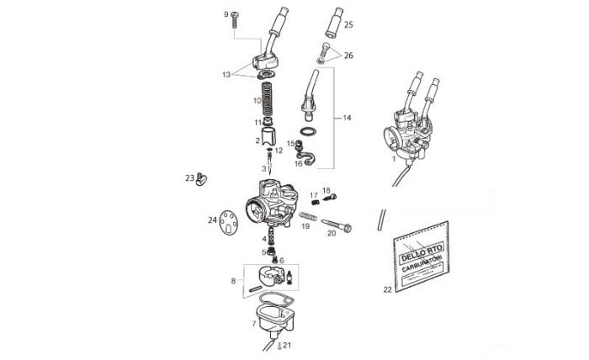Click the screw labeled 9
(235, 19)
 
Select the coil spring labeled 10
(267, 99)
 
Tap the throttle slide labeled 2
(268, 136)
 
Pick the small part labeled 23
(201, 179)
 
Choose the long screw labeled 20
(337, 225)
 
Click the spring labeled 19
(309, 216)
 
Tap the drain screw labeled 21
(279, 346)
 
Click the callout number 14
(347, 118)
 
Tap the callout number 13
(226, 75)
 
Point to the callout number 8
(233, 281)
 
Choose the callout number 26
(348, 56)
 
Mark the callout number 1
(394, 159)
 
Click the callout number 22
(388, 289)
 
